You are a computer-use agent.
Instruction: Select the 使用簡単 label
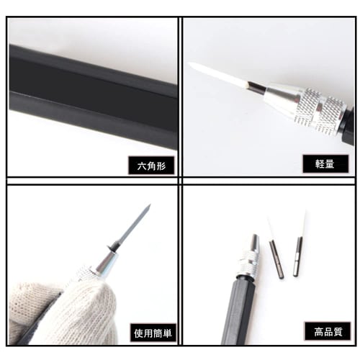pyautogui.click(x=154, y=333)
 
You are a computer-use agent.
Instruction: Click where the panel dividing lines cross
pyautogui.click(x=180, y=180)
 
